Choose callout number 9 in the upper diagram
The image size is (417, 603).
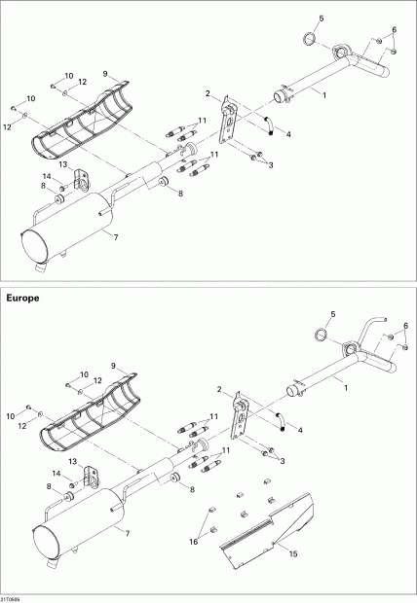[105, 73]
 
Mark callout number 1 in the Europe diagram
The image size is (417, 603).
[346, 386]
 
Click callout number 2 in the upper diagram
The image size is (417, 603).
[208, 92]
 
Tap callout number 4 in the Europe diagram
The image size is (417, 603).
[299, 429]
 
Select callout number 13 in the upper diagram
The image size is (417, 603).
[60, 165]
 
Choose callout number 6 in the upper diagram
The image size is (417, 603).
[395, 28]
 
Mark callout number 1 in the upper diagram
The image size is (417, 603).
[325, 92]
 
